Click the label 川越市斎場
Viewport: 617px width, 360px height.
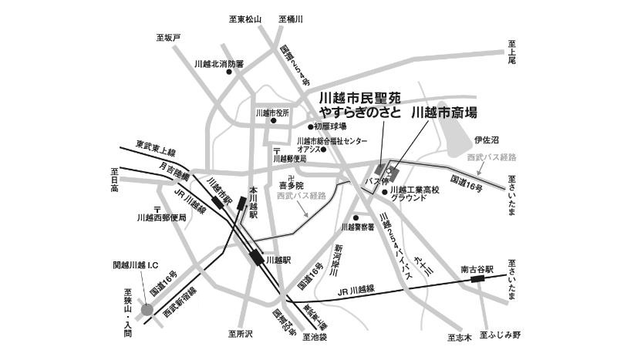tap(444, 113)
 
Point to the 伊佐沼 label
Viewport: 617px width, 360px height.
tap(487, 140)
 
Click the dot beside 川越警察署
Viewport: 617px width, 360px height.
tap(356, 217)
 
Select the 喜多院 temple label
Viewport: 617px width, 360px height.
tap(292, 186)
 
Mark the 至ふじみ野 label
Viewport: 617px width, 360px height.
tap(501, 335)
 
